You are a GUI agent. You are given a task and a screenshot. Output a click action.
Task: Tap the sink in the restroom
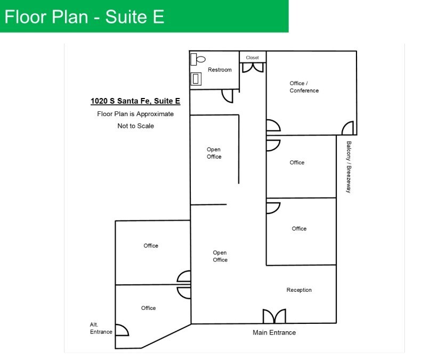point(196,79)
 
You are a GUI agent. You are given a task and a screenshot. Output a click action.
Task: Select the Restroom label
point(220,70)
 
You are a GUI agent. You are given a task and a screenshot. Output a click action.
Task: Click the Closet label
point(253,58)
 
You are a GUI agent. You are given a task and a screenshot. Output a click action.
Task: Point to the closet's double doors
point(253,68)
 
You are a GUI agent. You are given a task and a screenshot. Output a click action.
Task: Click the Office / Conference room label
point(304,87)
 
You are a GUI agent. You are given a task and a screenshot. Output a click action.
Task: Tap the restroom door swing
point(228,95)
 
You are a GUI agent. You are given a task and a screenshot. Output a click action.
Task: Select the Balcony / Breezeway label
point(348,167)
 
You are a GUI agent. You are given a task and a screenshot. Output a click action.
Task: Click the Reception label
point(299,290)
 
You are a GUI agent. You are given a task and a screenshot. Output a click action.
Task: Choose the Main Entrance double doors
point(274,316)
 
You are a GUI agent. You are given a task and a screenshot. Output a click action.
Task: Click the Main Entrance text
point(274,333)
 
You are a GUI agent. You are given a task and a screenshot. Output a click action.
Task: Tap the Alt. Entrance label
point(101,328)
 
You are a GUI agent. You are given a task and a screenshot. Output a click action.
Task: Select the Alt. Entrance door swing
point(122,330)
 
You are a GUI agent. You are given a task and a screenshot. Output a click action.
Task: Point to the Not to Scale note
point(135,126)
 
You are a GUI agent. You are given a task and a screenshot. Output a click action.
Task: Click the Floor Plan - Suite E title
point(84,17)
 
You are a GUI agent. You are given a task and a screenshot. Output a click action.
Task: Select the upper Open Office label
point(214,153)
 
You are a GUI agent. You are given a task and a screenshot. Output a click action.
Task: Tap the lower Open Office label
point(220,256)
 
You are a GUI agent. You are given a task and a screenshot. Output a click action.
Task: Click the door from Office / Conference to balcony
point(347,128)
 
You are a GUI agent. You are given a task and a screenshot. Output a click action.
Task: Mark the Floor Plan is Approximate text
point(135,113)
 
